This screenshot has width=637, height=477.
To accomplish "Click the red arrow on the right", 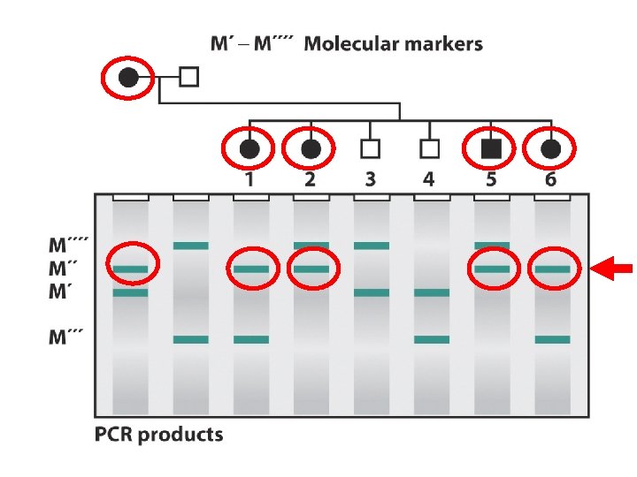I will pos(612,269).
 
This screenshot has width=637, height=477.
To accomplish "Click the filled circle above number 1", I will pos(250,148).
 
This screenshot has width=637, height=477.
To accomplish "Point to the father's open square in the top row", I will pos(188,77).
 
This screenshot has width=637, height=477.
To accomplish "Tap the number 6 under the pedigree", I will pos(551,179).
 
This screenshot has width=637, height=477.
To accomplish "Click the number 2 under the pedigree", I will pos(310,179).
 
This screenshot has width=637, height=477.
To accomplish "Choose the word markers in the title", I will pos(444,43).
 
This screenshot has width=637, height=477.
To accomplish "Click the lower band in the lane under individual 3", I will pos(372,292).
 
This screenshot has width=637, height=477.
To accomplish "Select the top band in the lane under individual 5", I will pos(492,246).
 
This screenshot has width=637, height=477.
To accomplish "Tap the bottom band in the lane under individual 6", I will pos(552,339).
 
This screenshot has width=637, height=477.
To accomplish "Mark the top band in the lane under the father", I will pos(191,246).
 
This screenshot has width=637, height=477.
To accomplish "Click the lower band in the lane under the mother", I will pos(131,292).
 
